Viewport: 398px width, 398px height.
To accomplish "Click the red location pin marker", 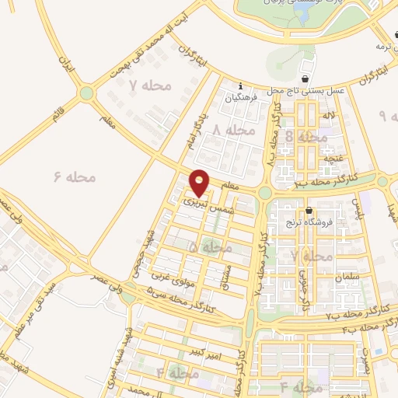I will pyautogui.click(x=201, y=182).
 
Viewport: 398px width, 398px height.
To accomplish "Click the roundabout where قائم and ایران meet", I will pyautogui.click(x=86, y=94).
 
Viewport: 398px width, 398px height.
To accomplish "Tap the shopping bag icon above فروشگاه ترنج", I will pyautogui.click(x=309, y=211).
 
